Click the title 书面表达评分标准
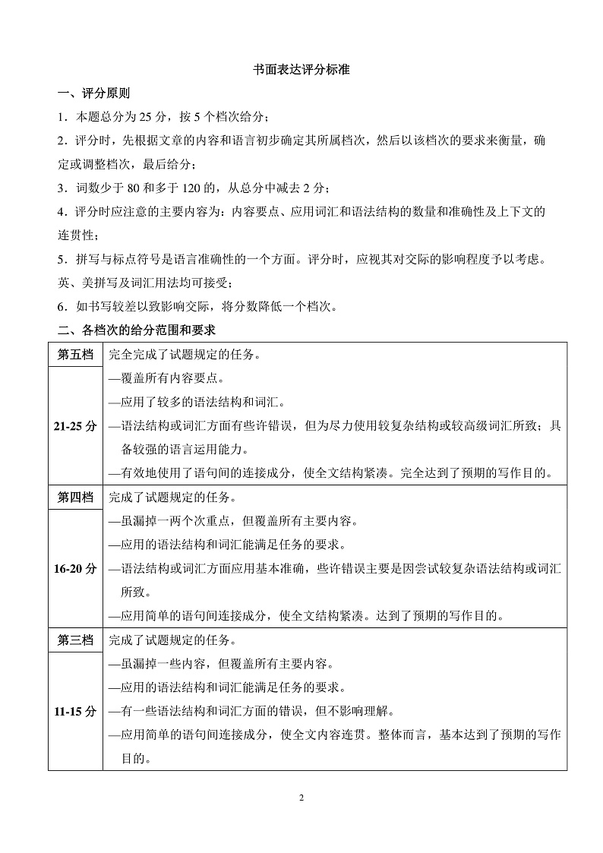(301, 70)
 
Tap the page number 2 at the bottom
(301, 798)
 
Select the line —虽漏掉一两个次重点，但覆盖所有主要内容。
(232, 521)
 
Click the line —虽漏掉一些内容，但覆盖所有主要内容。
(221, 664)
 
